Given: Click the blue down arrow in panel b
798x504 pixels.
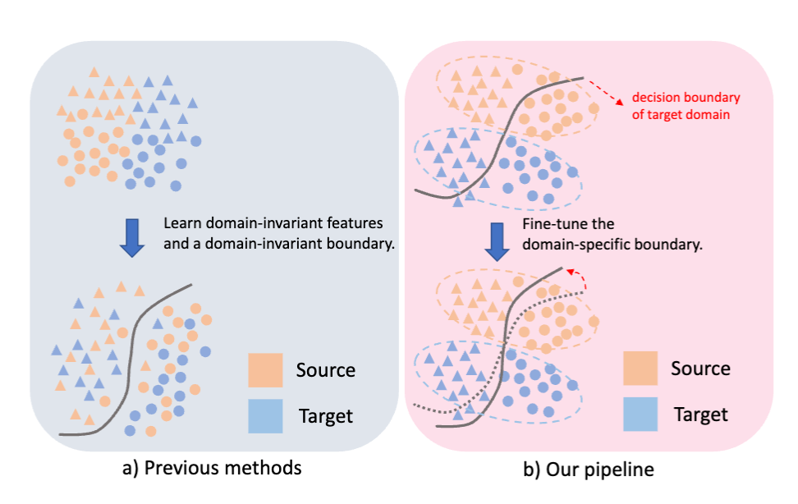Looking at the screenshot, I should coord(496,239).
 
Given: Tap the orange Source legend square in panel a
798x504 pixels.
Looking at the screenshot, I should coord(265,370).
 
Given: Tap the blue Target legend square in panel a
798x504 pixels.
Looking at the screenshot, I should coord(265,415).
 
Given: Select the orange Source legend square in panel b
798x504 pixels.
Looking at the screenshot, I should coord(640,368).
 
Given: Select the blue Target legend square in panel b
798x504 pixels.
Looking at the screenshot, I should coord(640,414).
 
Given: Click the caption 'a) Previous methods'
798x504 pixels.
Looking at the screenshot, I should coord(211,469).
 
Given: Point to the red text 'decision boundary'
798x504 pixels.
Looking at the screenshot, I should coord(686,98).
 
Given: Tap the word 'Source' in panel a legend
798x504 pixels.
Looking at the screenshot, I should coord(326,370).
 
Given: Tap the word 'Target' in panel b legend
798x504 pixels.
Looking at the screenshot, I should coord(701,415).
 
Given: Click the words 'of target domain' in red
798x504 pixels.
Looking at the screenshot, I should coord(681,114).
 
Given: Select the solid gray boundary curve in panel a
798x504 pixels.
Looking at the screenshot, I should coord(131,345).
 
